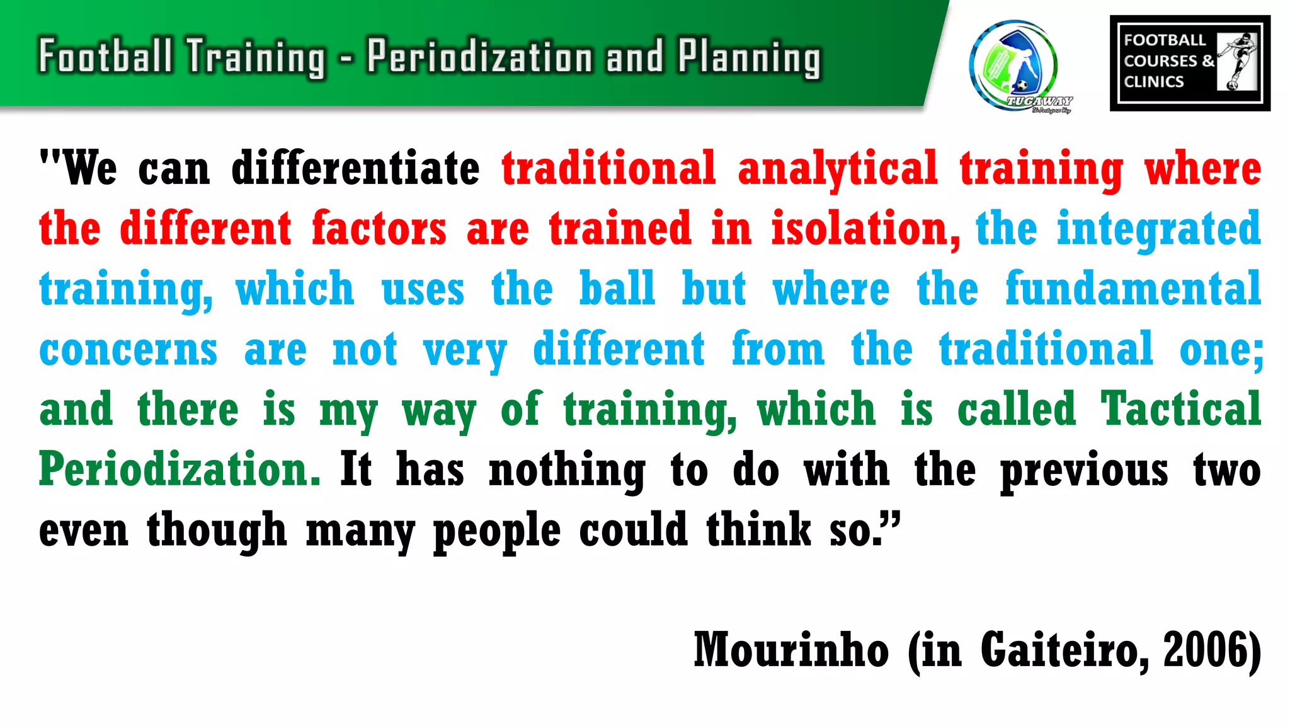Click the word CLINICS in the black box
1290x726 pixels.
1154,82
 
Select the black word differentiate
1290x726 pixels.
355,169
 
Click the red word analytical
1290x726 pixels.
838,169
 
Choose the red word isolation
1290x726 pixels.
865,229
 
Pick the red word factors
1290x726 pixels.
379,229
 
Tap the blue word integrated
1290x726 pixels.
1158,229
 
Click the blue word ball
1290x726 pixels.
617,289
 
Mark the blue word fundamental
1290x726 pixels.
1133,289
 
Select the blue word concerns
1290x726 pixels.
128,349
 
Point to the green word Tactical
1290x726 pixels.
1180,409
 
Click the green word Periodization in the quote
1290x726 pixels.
180,470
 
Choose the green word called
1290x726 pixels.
1017,409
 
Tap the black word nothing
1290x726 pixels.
567,470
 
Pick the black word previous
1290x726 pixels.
1084,470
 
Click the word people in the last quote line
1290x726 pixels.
497,530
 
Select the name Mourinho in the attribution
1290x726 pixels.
791,650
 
